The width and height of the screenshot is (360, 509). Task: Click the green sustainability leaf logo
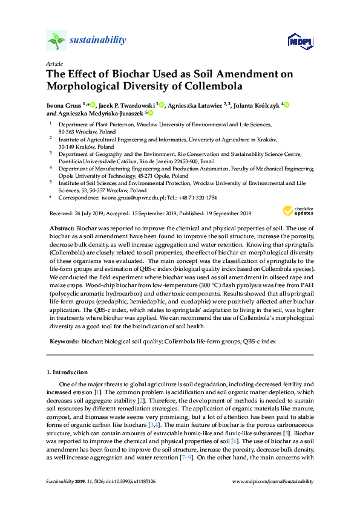56,41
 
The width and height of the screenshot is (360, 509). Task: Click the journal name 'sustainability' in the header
98,41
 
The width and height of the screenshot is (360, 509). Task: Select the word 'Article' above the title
54,63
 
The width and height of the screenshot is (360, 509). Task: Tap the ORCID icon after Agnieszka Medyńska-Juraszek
151,113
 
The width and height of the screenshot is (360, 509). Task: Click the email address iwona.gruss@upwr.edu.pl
123,198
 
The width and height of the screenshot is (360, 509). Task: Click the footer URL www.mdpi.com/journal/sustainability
273,481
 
